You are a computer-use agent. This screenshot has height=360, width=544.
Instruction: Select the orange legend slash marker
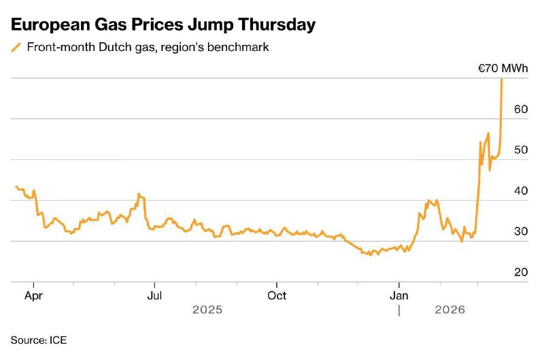pos(16,48)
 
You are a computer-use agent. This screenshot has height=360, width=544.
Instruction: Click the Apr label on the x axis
pos(33,295)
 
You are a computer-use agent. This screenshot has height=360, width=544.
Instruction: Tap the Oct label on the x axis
pos(277,295)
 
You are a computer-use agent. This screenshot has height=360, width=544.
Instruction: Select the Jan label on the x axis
pos(399,295)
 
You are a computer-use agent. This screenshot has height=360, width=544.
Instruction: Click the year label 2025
pos(207,310)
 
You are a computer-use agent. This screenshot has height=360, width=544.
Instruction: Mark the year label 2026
pos(449,310)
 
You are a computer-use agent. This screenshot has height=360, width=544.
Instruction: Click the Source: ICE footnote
pos(39,339)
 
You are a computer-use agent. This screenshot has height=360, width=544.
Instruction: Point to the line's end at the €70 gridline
pos(502,79)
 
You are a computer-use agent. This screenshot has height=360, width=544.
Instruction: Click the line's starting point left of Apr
pos(16,186)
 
